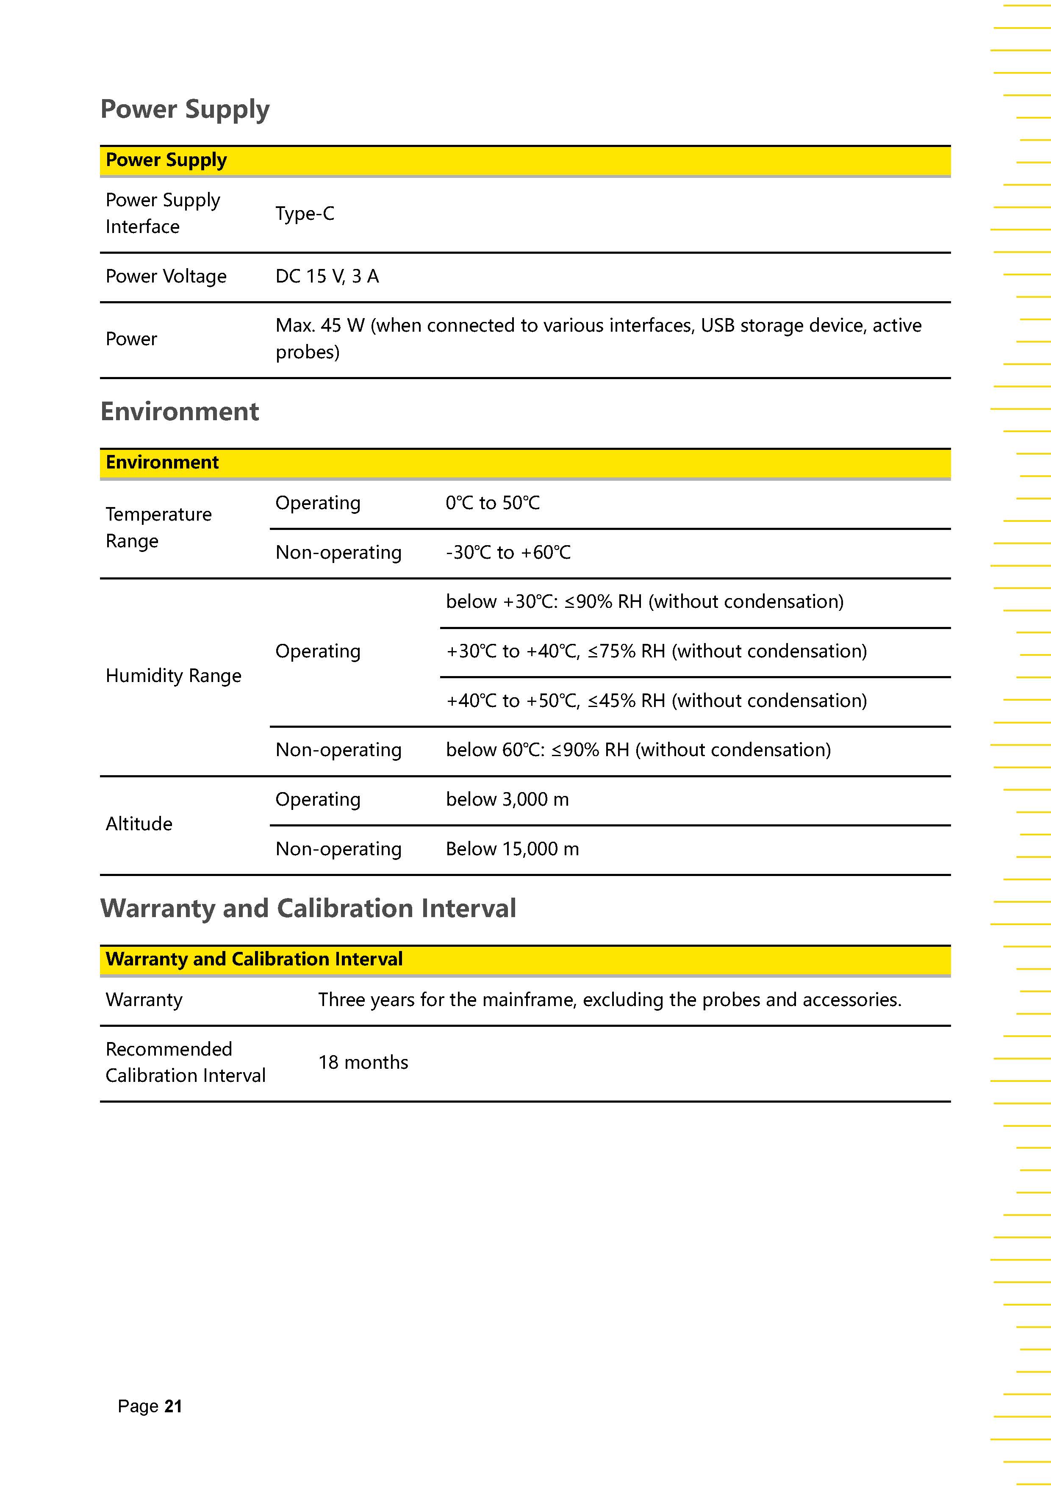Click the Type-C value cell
click(305, 213)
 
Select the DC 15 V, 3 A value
click(327, 276)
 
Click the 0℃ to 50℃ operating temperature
click(493, 503)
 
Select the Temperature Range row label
click(158, 527)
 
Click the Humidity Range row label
click(173, 676)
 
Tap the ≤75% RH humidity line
click(656, 651)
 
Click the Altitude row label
click(139, 824)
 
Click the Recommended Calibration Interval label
click(186, 1062)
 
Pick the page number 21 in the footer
click(173, 1406)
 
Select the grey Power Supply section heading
click(185, 109)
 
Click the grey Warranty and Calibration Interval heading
click(308, 908)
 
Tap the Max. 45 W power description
click(599, 338)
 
